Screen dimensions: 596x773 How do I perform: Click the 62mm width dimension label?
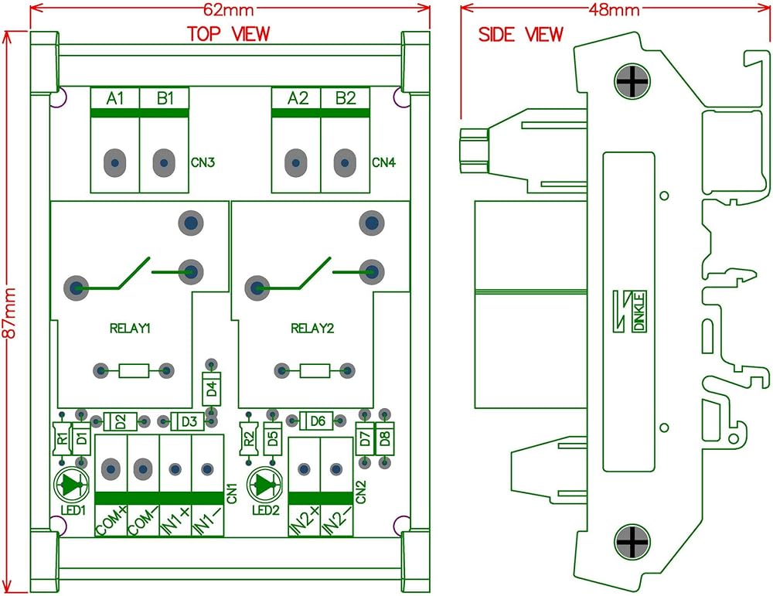(x=229, y=10)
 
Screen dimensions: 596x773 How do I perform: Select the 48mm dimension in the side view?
(x=614, y=10)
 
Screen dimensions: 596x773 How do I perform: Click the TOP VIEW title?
(x=229, y=34)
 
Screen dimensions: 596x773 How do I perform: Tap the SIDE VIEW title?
(x=521, y=35)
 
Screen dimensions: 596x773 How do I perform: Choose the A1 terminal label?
(x=115, y=99)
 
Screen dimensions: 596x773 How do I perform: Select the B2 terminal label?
(x=345, y=99)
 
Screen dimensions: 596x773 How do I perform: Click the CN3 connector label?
(x=203, y=163)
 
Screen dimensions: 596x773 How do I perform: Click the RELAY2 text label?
(x=312, y=329)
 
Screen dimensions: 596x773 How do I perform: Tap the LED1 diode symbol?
(x=74, y=485)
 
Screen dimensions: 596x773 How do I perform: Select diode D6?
(x=317, y=421)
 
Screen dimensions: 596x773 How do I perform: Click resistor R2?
(x=248, y=440)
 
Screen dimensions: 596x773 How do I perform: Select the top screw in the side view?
(x=632, y=81)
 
